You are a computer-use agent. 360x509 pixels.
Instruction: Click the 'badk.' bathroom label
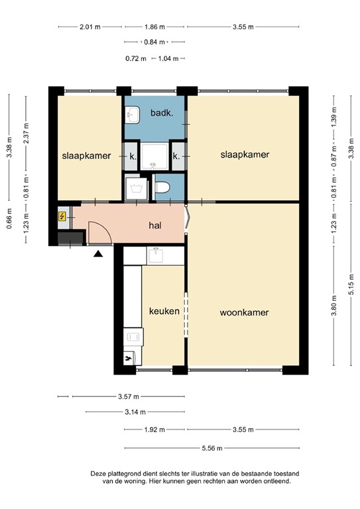click(162, 113)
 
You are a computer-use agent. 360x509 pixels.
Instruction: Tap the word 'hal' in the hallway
click(156, 225)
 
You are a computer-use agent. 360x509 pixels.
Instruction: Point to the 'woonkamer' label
click(245, 311)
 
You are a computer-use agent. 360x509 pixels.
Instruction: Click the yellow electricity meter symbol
click(62, 216)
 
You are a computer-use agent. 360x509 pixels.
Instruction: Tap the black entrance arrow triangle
click(98, 253)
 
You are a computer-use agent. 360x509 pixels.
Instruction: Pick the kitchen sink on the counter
click(156, 254)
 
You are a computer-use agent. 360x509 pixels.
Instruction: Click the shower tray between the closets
click(154, 156)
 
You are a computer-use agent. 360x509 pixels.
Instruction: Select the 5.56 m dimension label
click(212, 448)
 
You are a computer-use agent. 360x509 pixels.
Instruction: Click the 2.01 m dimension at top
click(90, 27)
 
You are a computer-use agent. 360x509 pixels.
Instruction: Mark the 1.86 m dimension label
click(154, 27)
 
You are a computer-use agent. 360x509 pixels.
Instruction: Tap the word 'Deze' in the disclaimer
click(99, 474)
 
